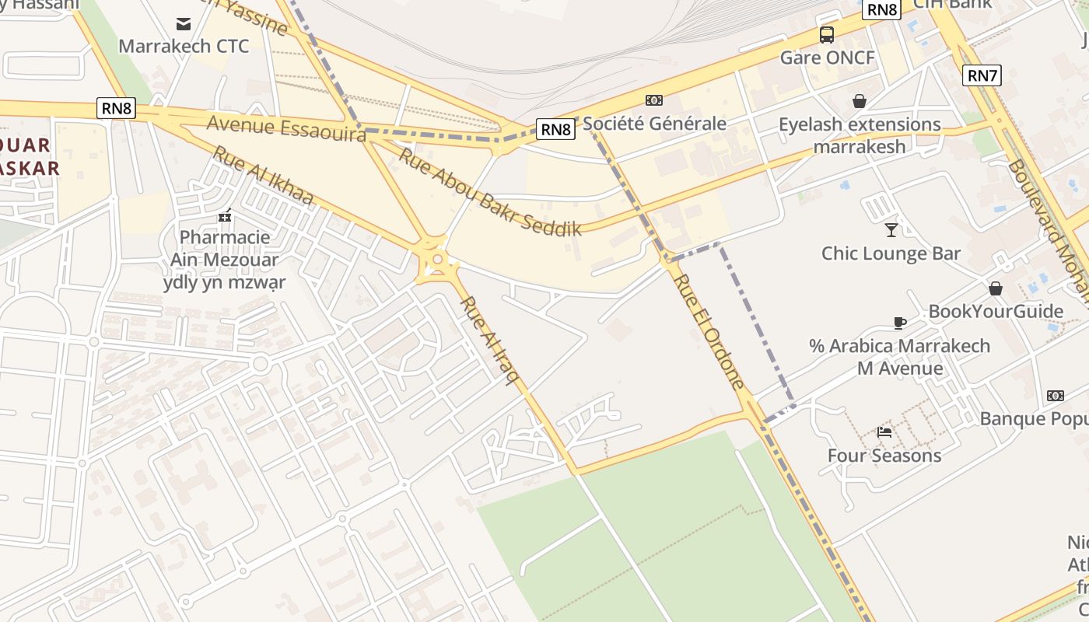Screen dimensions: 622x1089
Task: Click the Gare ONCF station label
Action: point(827,58)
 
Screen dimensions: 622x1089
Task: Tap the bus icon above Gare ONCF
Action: point(827,35)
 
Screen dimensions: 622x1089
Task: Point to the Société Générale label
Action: point(654,124)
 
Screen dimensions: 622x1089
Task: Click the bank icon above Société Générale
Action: point(654,100)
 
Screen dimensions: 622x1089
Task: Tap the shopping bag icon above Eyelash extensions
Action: point(860,101)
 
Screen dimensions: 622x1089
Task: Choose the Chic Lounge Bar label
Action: point(891,253)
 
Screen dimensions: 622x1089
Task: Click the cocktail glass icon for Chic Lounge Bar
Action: point(891,230)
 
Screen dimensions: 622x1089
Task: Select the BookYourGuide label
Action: point(996,312)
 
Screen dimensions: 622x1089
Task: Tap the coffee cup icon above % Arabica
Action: point(900,323)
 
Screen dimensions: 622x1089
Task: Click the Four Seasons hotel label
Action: point(884,456)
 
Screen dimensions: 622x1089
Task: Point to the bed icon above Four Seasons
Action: point(884,432)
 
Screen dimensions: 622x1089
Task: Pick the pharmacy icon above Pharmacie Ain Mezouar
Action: point(225,215)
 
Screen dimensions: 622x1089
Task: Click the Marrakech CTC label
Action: point(184,46)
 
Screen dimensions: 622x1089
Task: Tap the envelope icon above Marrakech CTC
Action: point(184,24)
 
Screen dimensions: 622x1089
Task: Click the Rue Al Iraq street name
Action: point(489,340)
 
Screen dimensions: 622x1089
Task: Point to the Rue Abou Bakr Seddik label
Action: point(490,192)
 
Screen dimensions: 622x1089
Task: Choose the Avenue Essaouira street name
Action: point(286,128)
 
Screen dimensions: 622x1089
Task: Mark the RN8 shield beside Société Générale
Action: point(556,129)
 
